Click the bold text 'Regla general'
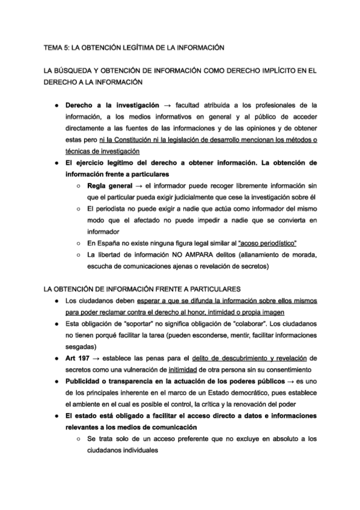click(x=111, y=186)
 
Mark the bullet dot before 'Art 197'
click(x=55, y=358)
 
